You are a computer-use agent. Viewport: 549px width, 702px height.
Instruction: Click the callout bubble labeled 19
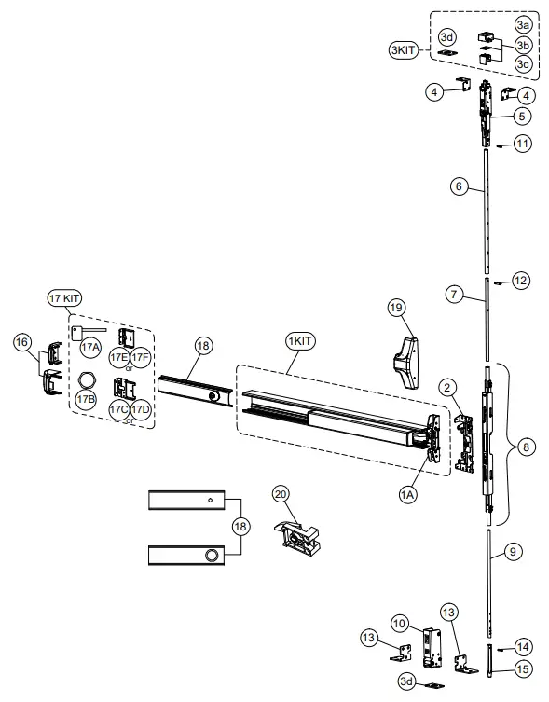click(395, 307)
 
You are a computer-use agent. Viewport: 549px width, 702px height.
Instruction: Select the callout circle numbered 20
click(280, 493)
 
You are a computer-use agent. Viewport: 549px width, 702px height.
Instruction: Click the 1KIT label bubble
click(302, 341)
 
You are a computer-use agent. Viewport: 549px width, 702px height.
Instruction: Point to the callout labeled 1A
click(408, 496)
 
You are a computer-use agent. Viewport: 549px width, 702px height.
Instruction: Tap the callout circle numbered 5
click(522, 117)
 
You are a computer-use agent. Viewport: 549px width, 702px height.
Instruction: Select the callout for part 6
click(458, 186)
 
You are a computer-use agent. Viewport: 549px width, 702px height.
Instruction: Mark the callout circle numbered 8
click(528, 448)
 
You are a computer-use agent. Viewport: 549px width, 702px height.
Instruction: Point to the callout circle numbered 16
click(22, 342)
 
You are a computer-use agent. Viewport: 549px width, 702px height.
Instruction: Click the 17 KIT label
click(64, 297)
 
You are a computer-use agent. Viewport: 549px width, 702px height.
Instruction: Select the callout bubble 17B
click(86, 400)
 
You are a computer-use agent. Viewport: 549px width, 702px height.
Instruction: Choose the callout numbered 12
click(521, 280)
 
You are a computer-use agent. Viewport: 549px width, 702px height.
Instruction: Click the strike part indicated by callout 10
click(431, 644)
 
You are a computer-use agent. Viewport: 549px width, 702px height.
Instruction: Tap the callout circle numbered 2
click(446, 386)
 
